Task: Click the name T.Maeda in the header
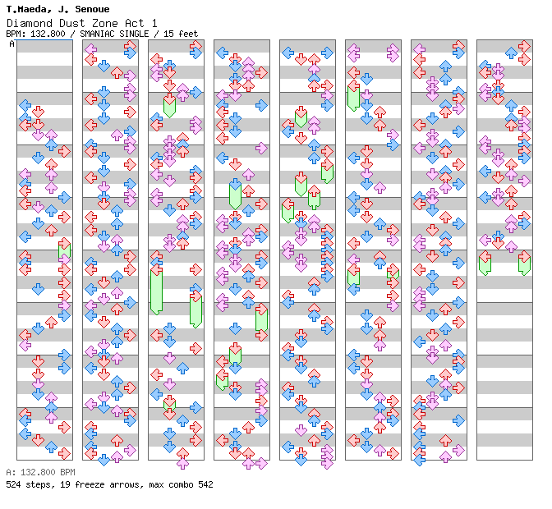click(26, 9)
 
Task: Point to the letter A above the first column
click(12, 44)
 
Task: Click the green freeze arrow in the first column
click(64, 250)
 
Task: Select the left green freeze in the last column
click(485, 263)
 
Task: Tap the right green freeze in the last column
click(524, 263)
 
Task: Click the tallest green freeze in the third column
click(156, 290)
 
